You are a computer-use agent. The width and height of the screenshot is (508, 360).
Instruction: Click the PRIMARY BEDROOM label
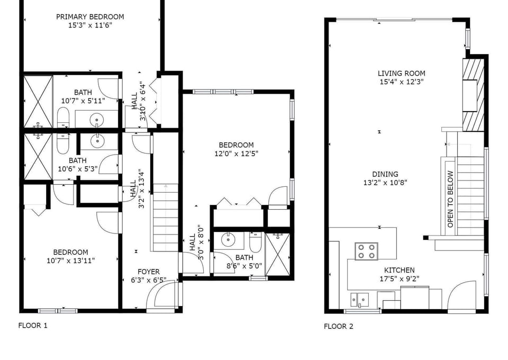pos(90,17)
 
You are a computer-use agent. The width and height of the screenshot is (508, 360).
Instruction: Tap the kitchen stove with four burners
pos(366,251)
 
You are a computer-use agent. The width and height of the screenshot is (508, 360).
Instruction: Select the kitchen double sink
pos(360,300)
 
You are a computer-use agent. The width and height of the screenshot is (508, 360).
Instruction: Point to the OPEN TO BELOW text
pos(450,199)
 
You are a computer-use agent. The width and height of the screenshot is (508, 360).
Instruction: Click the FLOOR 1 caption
pos(33,326)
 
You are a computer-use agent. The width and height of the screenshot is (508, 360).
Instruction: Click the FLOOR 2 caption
pos(339,326)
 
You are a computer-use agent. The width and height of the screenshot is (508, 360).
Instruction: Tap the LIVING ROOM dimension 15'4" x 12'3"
pos(402,82)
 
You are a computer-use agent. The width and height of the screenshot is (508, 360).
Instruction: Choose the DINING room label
pos(385,174)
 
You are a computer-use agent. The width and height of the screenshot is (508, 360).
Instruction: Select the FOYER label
pos(149,272)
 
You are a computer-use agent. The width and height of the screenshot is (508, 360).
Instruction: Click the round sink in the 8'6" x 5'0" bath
pos(229,240)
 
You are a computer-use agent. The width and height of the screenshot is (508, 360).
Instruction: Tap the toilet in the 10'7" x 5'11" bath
pos(63,118)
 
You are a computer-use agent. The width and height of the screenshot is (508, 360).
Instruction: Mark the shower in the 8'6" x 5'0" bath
pos(278,254)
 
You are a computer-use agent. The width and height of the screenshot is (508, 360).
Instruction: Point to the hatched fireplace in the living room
pos(473,95)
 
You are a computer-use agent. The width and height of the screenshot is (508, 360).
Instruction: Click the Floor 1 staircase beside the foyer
pos(165,218)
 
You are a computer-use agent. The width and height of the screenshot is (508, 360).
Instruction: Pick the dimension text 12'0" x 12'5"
pos(237,154)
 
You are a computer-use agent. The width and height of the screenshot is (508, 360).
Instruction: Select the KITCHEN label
pos(400,270)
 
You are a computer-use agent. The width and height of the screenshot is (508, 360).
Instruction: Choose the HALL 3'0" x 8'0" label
pos(197,242)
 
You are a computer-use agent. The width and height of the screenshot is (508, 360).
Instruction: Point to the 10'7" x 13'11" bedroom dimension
pos(70,260)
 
